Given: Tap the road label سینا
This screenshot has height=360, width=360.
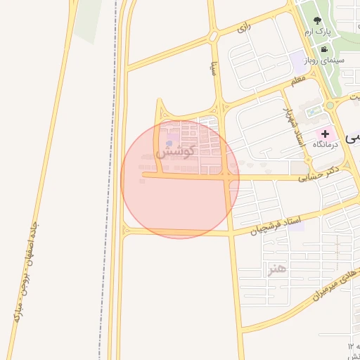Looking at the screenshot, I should point(212,68).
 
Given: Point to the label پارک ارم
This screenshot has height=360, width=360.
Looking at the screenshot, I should point(316,32).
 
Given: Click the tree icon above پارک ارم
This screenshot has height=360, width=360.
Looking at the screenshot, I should point(317,20).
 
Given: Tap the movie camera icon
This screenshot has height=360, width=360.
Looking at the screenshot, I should point(323,49).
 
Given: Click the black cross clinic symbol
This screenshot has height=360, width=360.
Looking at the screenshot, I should point(325,133).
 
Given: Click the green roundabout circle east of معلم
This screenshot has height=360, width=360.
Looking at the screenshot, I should point(330,105).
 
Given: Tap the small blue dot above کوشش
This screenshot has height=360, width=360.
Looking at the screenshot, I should point(169,144).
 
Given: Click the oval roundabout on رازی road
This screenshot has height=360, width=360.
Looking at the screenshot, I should point(212,37).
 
